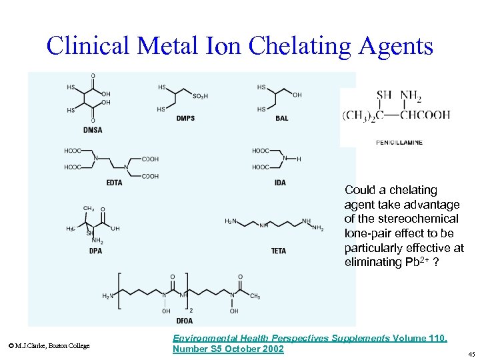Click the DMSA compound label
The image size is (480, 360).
tap(93, 129)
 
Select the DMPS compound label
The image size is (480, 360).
tap(186, 119)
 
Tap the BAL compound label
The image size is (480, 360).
tap(282, 119)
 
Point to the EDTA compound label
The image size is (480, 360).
tap(114, 183)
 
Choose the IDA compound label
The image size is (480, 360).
tap(280, 183)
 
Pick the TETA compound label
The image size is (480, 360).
tap(279, 251)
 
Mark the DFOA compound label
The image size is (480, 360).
tap(184, 321)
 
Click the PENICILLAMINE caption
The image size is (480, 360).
tap(399, 142)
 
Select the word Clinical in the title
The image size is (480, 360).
tap(90, 46)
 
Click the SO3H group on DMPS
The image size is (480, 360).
tap(200, 97)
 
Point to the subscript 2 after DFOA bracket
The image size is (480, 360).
tap(191, 310)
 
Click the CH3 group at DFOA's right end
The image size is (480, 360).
tap(255, 296)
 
